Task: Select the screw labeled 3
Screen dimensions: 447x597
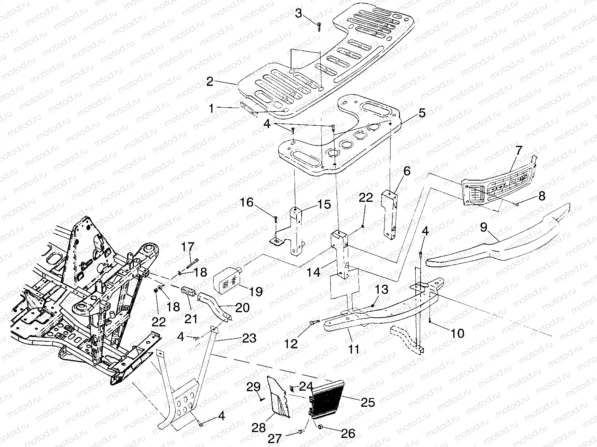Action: tap(318, 26)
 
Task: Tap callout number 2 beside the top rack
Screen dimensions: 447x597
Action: tap(210, 82)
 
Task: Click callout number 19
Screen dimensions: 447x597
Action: tap(256, 291)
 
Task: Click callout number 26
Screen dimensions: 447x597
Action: tap(347, 433)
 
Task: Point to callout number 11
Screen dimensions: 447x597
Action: tap(354, 348)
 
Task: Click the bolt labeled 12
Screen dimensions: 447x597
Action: tap(313, 323)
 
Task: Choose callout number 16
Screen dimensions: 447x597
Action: tap(247, 203)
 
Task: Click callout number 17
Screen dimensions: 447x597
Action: tap(188, 248)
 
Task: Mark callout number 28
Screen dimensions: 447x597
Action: tap(259, 428)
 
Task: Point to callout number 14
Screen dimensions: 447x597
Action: tap(314, 272)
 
